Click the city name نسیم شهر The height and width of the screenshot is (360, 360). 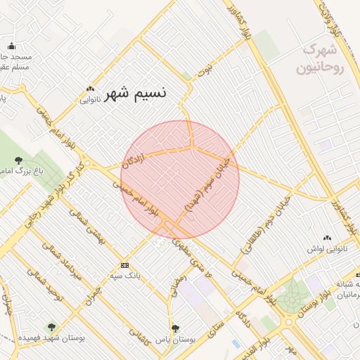[139, 95]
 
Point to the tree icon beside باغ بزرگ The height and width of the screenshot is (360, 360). [16, 160]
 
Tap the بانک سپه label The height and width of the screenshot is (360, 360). [125, 276]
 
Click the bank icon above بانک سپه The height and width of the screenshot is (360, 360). [125, 265]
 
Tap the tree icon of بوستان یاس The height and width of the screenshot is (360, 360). [176, 328]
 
